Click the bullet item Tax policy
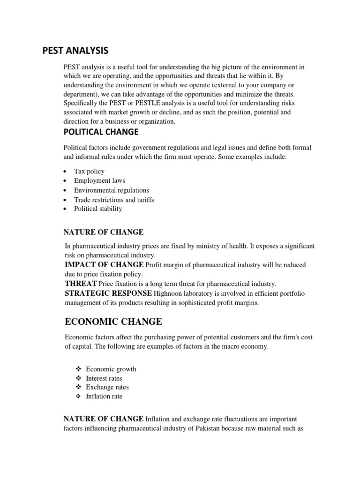tap(89, 171)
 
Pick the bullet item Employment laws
tap(99, 180)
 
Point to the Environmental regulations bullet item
tap(111, 190)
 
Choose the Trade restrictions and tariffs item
tap(114, 200)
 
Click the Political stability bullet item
tap(97, 209)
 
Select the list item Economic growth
tap(111, 369)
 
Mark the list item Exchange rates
tap(107, 387)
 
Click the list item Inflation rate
tap(104, 397)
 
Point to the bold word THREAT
tap(80, 284)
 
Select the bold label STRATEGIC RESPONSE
tap(107, 293)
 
